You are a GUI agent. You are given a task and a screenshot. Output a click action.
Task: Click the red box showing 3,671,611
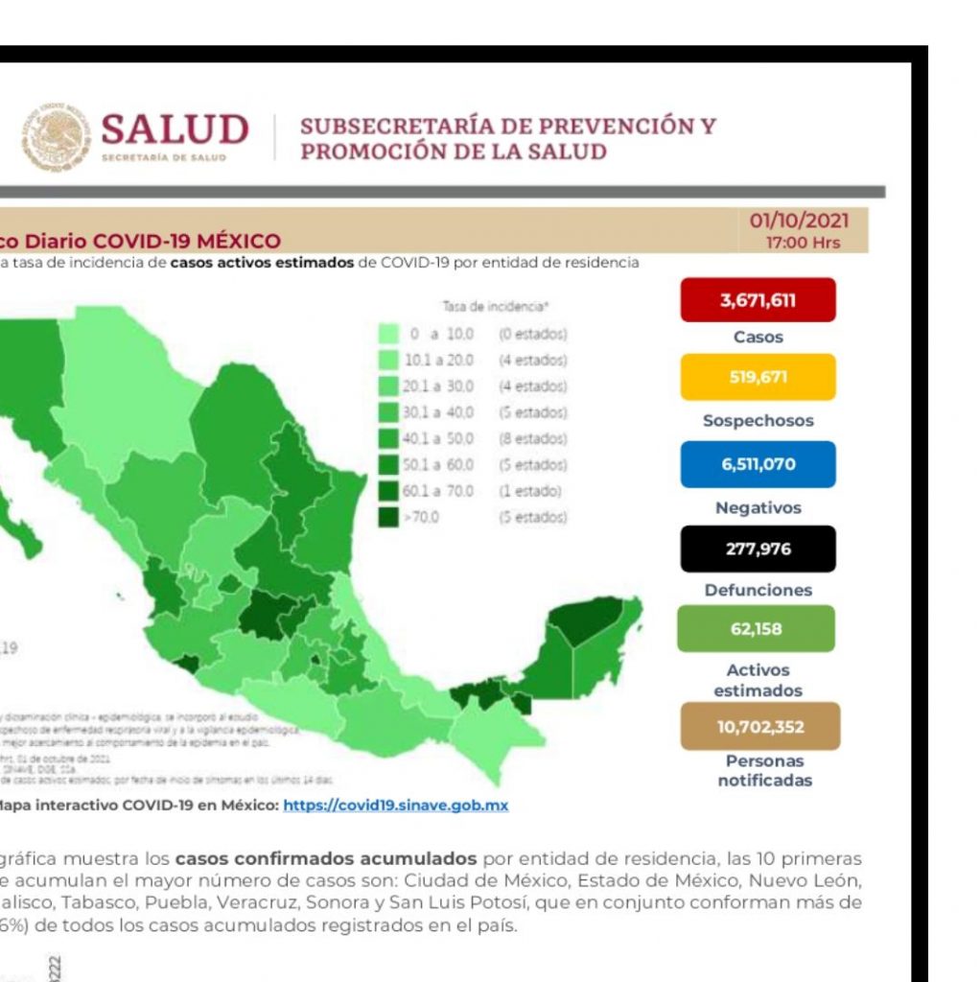758,300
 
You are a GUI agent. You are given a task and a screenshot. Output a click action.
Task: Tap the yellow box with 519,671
758,377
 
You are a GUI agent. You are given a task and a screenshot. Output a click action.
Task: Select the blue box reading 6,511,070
758,464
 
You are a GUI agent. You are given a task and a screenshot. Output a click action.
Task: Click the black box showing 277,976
758,549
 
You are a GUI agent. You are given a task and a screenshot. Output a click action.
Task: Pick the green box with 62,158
757,629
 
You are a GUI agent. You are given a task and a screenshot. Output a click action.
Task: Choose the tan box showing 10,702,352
759,726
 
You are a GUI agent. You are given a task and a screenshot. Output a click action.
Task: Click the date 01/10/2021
799,222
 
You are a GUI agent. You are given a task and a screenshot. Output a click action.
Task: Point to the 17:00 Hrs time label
803,243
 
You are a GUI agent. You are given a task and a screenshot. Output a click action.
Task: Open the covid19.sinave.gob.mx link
395,806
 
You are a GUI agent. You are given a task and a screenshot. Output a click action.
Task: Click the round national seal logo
57,137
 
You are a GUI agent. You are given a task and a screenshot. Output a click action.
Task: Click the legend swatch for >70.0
388,517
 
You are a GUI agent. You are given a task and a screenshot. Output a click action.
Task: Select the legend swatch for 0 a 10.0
388,335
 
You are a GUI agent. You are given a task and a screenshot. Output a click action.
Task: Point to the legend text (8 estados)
532,438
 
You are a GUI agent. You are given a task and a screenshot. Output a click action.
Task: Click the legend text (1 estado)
529,491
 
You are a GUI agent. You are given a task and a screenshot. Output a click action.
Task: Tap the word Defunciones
758,591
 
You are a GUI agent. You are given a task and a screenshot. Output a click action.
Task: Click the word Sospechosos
758,420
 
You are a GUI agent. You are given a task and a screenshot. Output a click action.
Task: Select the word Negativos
758,508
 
